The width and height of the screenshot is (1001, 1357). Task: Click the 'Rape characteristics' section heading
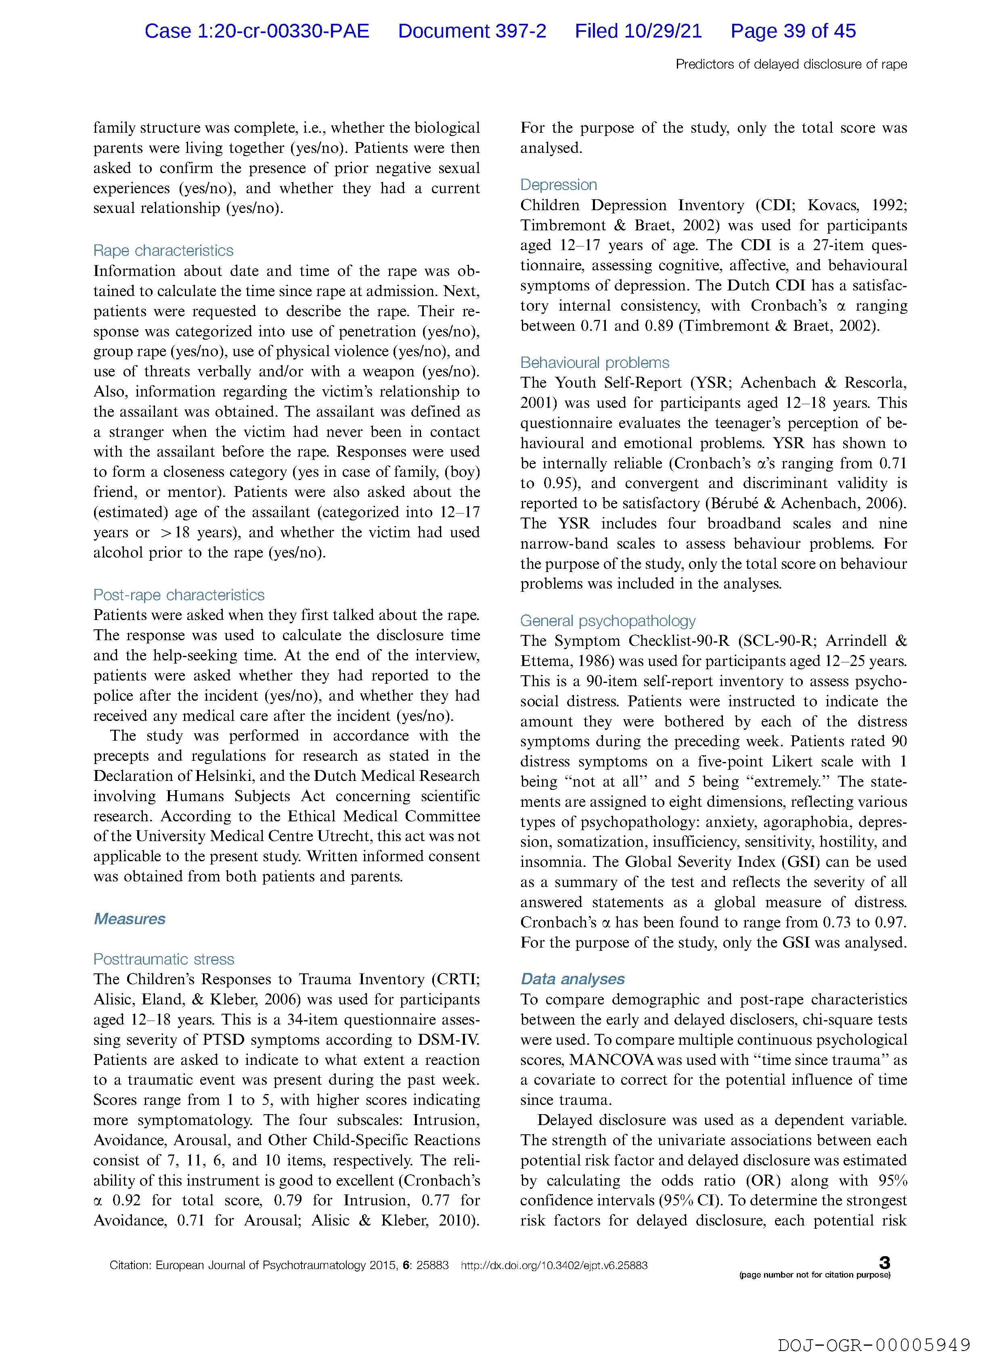point(163,251)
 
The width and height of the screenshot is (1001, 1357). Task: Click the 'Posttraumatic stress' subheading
point(163,959)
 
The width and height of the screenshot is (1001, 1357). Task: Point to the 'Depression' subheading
point(558,185)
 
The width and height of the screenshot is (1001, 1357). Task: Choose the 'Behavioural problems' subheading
point(595,363)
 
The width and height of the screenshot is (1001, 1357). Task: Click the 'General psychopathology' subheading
point(608,621)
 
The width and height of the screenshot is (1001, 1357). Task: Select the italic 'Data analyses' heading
point(572,979)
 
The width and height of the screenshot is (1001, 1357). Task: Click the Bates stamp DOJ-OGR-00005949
point(874,1328)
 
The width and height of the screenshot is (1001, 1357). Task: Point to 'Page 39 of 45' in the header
point(793,31)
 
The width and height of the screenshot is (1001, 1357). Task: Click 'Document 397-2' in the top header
point(472,31)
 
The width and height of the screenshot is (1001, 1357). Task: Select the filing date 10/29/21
point(662,31)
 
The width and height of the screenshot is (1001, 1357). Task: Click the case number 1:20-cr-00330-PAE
point(283,31)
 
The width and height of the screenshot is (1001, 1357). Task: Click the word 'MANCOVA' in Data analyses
point(611,1060)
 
